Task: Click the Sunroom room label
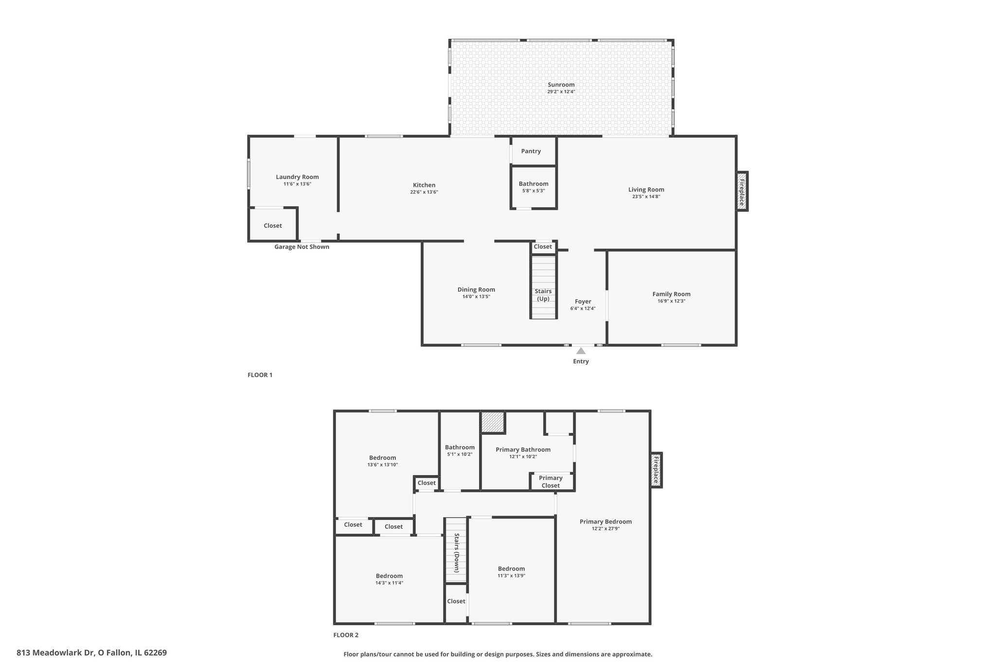click(x=561, y=85)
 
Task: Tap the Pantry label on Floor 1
click(x=531, y=151)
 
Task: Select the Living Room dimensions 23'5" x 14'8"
click(x=646, y=197)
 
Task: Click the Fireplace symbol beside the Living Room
click(x=742, y=191)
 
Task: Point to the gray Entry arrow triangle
click(x=581, y=351)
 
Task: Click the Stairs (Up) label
click(x=543, y=295)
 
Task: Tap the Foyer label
click(x=583, y=302)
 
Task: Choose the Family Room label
click(x=672, y=294)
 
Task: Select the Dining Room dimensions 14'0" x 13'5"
click(x=476, y=297)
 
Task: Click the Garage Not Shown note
click(x=302, y=247)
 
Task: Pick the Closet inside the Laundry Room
click(x=273, y=226)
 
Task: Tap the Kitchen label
click(x=424, y=185)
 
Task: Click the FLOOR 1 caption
click(x=260, y=375)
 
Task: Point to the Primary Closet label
click(x=551, y=482)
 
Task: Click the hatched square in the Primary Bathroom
click(x=493, y=422)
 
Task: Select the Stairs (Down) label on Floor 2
click(x=457, y=553)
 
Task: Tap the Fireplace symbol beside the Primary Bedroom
click(x=656, y=470)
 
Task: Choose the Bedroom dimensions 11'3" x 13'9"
click(x=511, y=575)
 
